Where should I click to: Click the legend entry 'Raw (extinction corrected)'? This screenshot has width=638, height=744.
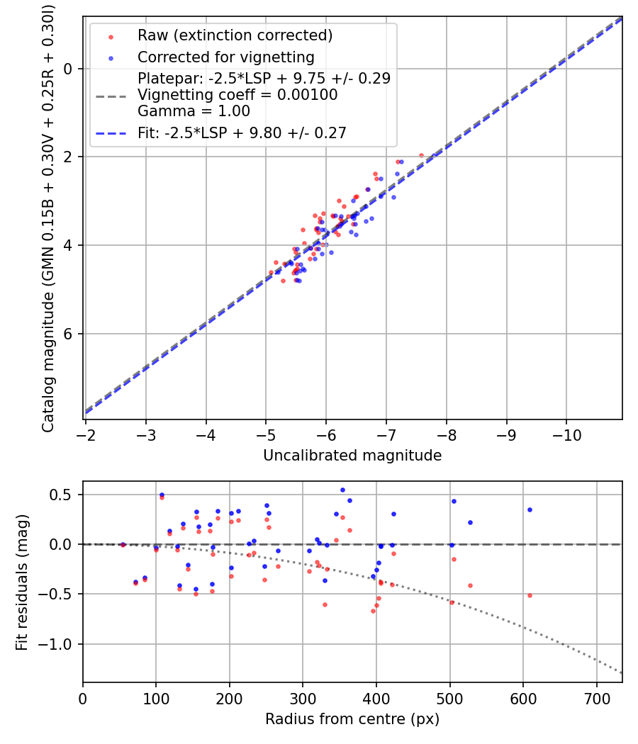pos(235,35)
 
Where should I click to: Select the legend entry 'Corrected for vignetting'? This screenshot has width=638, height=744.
pos(225,57)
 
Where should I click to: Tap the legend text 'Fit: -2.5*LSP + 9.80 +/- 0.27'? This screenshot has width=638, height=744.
pos(242,133)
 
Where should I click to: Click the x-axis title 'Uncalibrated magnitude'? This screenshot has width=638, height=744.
pos(352,456)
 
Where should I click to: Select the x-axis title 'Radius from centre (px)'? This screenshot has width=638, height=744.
pos(352,719)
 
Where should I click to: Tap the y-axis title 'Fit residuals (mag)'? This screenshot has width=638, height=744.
pos(22,582)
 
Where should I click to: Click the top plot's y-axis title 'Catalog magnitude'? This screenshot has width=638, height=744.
pos(48,217)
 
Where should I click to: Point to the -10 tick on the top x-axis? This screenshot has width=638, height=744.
pos(566,432)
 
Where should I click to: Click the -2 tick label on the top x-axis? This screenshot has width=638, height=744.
pos(86,432)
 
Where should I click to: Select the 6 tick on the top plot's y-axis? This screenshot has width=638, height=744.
pos(69,334)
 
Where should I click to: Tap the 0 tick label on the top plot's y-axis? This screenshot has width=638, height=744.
pos(69,69)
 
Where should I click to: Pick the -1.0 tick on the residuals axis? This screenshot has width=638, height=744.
pos(60,644)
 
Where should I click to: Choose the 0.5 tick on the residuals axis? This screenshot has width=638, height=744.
pos(64,495)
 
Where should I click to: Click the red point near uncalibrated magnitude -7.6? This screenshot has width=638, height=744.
pos(421,155)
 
